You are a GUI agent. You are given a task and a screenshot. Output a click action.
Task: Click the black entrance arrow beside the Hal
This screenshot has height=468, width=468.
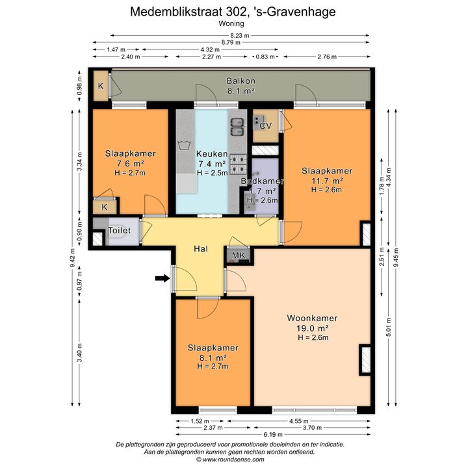tap(162, 278)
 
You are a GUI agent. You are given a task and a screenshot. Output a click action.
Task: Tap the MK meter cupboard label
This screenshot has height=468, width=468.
tap(239, 255)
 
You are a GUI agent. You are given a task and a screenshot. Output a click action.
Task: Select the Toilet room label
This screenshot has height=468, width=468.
tap(120, 230)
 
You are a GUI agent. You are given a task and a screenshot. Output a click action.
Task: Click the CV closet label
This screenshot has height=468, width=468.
tap(266, 126)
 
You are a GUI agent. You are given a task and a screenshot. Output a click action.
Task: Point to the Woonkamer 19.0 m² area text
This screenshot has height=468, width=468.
tap(313, 328)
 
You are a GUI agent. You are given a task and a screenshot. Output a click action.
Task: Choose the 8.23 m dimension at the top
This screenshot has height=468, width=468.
tap(240, 36)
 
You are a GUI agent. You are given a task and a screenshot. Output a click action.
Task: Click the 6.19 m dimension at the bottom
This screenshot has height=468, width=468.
tap(273, 434)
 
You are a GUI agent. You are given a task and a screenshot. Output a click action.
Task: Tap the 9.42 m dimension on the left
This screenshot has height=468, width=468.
tap(72, 258)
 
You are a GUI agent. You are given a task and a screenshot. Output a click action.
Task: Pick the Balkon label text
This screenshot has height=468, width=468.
tap(241, 81)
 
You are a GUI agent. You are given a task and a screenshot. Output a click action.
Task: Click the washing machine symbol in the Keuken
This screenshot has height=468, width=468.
tap(184, 145)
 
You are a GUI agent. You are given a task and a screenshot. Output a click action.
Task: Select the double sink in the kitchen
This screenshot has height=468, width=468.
tap(238, 127)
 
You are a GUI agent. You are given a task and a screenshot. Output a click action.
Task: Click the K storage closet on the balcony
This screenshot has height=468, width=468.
tap(101, 86)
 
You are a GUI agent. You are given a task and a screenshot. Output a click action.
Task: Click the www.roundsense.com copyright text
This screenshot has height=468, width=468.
tap(230, 460)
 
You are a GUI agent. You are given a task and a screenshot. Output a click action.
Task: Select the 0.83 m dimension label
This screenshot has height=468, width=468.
tap(265, 57)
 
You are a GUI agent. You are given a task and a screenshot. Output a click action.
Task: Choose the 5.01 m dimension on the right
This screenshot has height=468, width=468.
tap(389, 327)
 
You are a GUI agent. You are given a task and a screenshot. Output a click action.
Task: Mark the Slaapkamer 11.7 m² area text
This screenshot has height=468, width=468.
tap(327, 181)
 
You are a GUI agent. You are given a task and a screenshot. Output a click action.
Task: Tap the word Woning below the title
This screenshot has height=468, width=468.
tap(231, 23)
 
